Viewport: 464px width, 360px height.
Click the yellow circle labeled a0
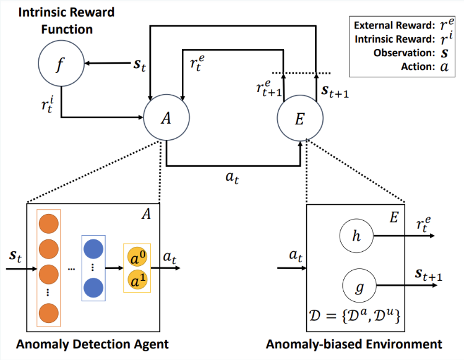click(137, 257)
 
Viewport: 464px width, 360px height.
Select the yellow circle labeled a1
click(137, 280)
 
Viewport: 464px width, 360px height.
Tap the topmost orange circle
click(48, 224)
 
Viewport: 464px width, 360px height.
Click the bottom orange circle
click(48, 312)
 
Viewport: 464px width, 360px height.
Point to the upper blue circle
click(93, 249)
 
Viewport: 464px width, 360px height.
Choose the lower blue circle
click(93, 288)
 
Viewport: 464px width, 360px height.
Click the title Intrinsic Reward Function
click(67, 20)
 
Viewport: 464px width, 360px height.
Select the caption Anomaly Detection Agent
click(92, 345)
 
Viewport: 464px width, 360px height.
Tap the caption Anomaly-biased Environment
click(354, 345)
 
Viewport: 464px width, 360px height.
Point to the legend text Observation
click(404, 53)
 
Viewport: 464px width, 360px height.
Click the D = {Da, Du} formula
click(354, 316)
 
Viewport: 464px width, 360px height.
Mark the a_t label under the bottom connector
click(232, 178)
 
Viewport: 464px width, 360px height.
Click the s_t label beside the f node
click(140, 65)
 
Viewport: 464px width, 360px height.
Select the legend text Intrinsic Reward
click(395, 39)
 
